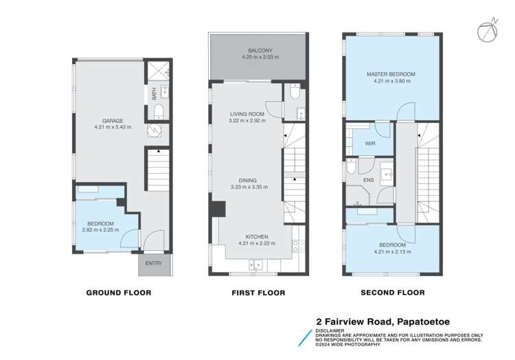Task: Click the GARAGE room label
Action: [x=113, y=121]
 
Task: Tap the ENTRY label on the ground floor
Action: [x=154, y=263]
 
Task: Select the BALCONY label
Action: [x=260, y=51]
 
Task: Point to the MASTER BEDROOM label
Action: [x=391, y=74]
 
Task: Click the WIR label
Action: [x=370, y=144]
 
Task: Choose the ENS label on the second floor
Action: [x=369, y=180]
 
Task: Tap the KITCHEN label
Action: [x=257, y=237]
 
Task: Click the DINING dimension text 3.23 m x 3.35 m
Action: [x=249, y=188]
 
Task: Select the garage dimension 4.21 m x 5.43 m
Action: [x=113, y=127]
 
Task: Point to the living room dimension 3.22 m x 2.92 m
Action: [x=247, y=120]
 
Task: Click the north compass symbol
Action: [x=488, y=30]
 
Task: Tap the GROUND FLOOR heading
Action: [x=119, y=293]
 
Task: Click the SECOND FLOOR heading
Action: [x=393, y=293]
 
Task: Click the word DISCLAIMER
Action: [x=330, y=330]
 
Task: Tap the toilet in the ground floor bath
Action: [x=159, y=112]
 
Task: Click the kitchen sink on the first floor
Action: [x=256, y=265]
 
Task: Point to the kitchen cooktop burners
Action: [x=298, y=246]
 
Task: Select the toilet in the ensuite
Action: [x=351, y=167]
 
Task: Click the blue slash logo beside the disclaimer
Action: [x=305, y=338]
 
